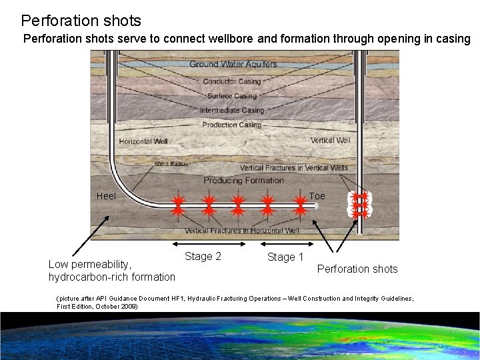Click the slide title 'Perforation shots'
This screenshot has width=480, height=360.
pos(81,21)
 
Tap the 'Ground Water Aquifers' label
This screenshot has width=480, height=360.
pos(233,65)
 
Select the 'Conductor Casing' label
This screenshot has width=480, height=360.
pos(231,81)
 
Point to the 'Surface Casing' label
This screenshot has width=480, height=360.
pos(231,96)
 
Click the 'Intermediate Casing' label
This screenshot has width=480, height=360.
pos(232,110)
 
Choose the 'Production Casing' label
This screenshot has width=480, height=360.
pos(231,125)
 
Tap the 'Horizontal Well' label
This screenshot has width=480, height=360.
pos(143,141)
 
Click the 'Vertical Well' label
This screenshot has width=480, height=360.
pos(330,141)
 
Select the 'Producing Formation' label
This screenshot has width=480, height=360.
pos(243,181)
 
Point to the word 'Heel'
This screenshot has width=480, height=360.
pos(106,196)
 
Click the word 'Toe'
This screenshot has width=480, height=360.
pos(317,196)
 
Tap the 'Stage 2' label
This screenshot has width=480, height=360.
pos(203,257)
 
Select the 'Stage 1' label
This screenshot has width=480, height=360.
pos(285,257)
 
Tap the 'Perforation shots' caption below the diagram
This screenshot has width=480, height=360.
pos(357,269)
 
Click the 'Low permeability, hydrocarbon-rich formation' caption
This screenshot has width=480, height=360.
pos(111,271)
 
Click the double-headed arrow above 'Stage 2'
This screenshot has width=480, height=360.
pos(203,242)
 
